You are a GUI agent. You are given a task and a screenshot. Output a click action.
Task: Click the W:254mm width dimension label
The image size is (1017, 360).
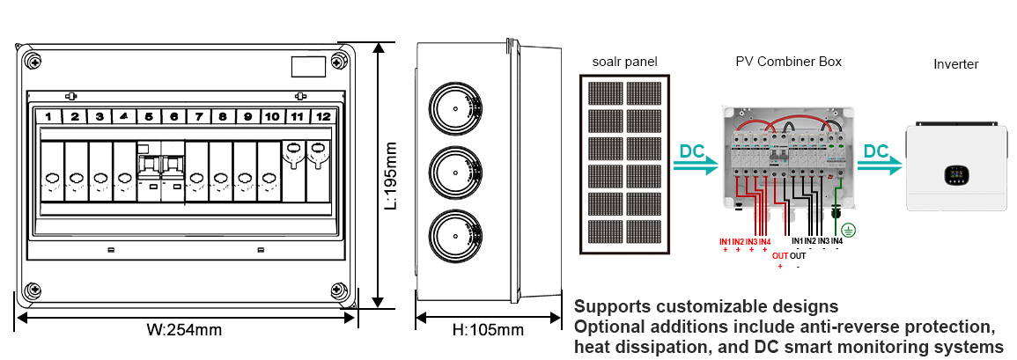pos(184,331)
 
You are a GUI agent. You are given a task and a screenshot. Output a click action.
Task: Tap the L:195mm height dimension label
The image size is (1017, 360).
pos(393,176)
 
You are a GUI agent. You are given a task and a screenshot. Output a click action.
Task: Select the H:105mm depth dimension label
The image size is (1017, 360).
pos(487,331)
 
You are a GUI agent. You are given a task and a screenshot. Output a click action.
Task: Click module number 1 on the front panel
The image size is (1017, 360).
pos(50,116)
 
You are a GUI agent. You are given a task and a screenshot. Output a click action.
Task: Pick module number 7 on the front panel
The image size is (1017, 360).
pos(199,116)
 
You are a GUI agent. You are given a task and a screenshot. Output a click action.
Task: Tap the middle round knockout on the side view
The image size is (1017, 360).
pos(454,173)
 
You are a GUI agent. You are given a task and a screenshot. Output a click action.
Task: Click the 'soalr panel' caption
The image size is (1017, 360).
pos(625,62)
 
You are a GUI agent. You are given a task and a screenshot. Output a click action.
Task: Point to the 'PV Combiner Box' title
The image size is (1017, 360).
pos(788,62)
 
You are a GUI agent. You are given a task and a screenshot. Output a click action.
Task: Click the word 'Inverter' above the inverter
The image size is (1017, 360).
pos(955,64)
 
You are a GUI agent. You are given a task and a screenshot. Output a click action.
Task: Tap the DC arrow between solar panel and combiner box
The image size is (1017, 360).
pos(696,159)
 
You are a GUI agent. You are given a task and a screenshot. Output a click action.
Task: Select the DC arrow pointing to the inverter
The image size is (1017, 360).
pos(880,159)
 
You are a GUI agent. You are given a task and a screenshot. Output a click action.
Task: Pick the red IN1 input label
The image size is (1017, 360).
pos(726,241)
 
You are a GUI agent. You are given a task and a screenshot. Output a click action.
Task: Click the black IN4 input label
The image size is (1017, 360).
pos(836,241)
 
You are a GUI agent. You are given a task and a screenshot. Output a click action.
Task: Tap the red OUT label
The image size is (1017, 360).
pos(780,256)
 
